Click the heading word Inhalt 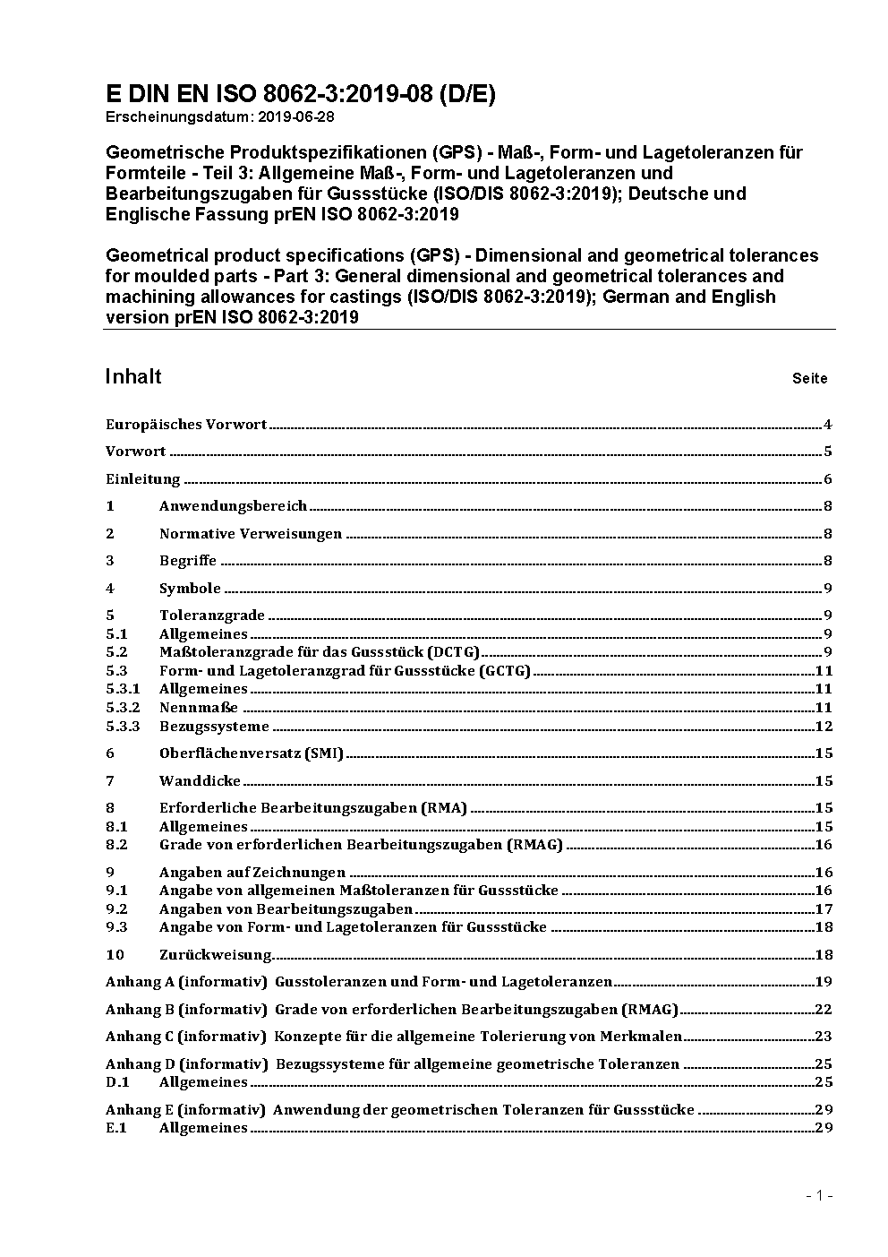pyautogui.click(x=133, y=376)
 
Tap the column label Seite pyautogui.click(x=809, y=379)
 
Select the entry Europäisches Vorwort pyautogui.click(x=186, y=425)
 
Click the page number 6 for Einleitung pyautogui.click(x=828, y=479)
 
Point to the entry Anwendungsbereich pyautogui.click(x=233, y=506)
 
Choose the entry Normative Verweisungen pyautogui.click(x=251, y=534)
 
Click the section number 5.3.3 pyautogui.click(x=123, y=727)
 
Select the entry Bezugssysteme pyautogui.click(x=214, y=727)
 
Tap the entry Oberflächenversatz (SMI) pyautogui.click(x=252, y=753)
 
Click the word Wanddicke pyautogui.click(x=200, y=781)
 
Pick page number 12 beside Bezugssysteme pyautogui.click(x=824, y=727)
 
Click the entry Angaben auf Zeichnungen pyautogui.click(x=252, y=873)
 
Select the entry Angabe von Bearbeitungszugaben pyautogui.click(x=286, y=909)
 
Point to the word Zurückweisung pyautogui.click(x=215, y=955)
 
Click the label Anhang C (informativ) pyautogui.click(x=185, y=1037)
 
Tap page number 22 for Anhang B pyautogui.click(x=824, y=1010)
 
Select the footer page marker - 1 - pyautogui.click(x=819, y=1196)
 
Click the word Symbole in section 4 pyautogui.click(x=190, y=589)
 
